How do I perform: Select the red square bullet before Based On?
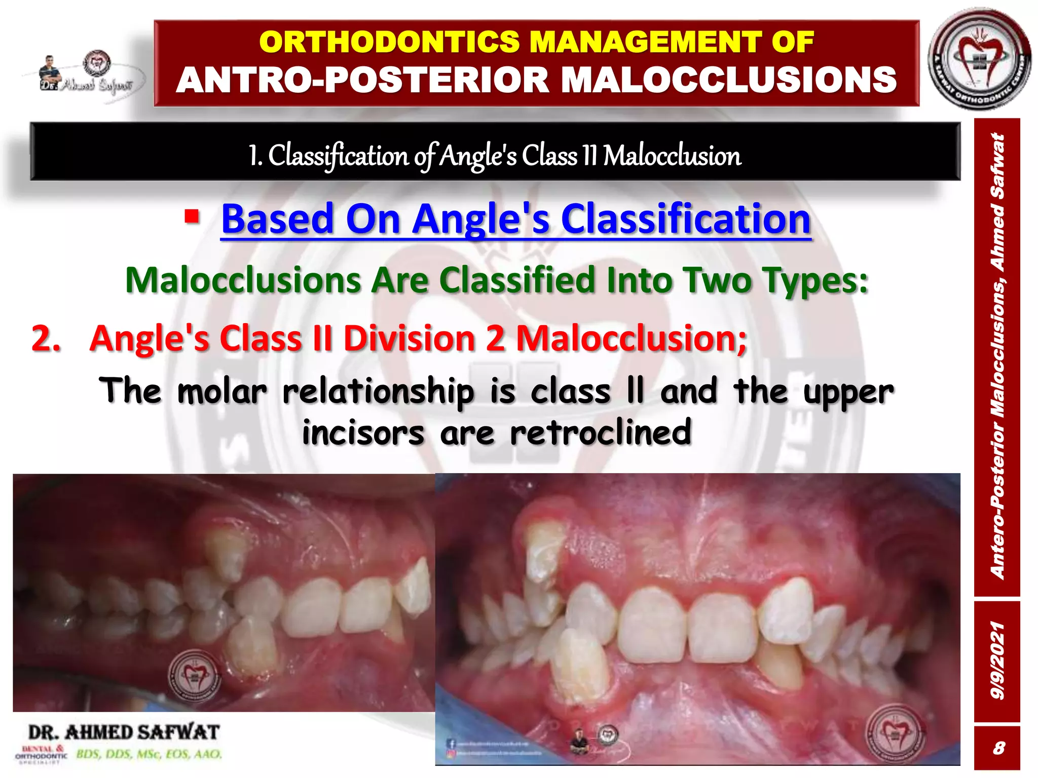pyautogui.click(x=192, y=217)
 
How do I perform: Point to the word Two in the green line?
pyautogui.click(x=715, y=280)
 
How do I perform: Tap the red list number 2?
pyautogui.click(x=46, y=338)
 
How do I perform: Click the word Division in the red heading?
pyautogui.click(x=410, y=338)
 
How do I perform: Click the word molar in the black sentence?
pyautogui.click(x=222, y=392)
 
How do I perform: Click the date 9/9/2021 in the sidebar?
pyautogui.click(x=997, y=662)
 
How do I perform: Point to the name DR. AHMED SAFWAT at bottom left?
pyautogui.click(x=124, y=732)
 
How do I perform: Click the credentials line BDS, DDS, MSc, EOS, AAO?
pyautogui.click(x=149, y=754)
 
